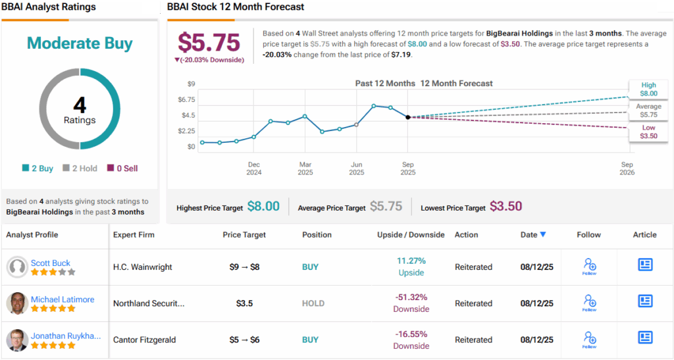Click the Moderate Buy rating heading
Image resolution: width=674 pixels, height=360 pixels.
click(80, 43)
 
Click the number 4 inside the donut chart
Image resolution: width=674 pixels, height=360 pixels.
click(79, 106)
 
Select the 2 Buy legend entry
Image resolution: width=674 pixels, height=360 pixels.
click(38, 168)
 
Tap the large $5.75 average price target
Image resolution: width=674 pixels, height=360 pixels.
click(209, 43)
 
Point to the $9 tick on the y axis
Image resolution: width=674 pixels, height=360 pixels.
click(192, 84)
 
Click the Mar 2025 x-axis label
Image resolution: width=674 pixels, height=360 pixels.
click(305, 168)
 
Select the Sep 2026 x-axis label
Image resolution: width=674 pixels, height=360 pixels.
click(627, 168)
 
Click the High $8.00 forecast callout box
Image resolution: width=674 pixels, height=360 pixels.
click(648, 89)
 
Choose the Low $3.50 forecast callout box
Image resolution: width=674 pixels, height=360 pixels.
click(648, 132)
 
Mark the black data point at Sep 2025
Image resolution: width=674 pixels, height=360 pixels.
click(408, 117)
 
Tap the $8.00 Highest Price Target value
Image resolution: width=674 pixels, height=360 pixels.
click(263, 207)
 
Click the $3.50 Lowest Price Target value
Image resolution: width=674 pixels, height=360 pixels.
click(505, 207)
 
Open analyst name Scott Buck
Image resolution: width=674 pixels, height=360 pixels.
click(51, 263)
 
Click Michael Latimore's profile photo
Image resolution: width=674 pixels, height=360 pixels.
click(17, 303)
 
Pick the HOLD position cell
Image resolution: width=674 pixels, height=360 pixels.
click(313, 303)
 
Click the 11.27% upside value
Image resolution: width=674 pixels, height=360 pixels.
click(411, 261)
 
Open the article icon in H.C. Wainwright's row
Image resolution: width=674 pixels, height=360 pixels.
click(645, 265)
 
